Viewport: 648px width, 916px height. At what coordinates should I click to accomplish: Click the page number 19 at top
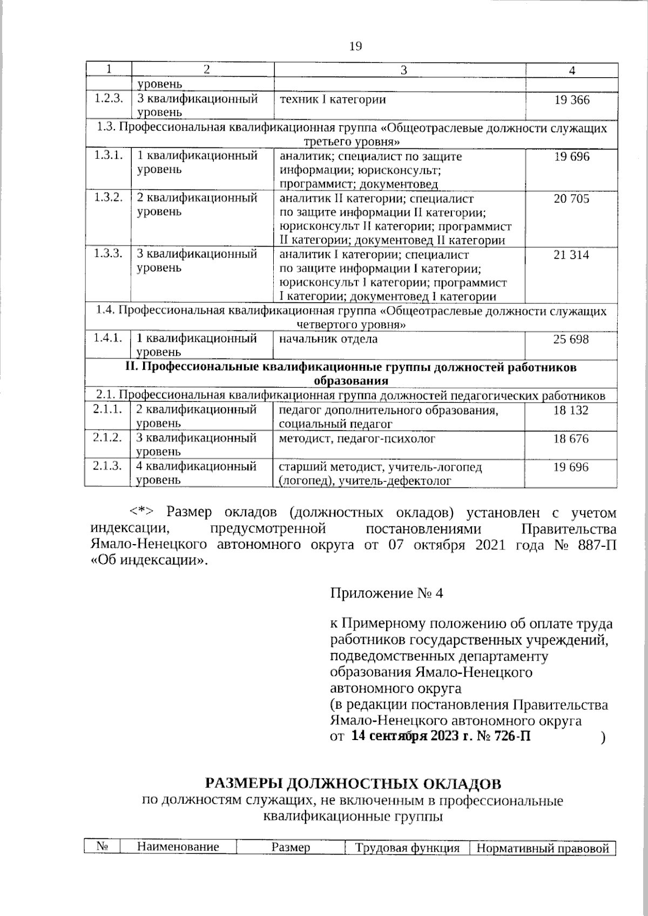tap(355, 46)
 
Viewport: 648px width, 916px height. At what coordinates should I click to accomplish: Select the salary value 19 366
tap(571, 100)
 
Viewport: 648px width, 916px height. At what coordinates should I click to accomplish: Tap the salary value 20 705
tap(571, 199)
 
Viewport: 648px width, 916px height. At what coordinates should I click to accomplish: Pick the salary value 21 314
tap(571, 255)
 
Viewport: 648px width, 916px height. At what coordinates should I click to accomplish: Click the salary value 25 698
tap(571, 340)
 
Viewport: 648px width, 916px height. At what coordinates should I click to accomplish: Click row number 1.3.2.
tap(107, 198)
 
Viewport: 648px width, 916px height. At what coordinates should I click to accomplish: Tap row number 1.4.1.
tap(107, 338)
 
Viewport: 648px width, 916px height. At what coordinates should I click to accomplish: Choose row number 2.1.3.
tap(107, 466)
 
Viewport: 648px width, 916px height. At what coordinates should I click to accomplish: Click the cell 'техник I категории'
tap(332, 100)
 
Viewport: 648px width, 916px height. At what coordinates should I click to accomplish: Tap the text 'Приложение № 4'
tap(386, 594)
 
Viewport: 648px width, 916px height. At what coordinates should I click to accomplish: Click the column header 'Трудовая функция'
tap(407, 848)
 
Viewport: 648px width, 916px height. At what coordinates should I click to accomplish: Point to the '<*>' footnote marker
tap(141, 512)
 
